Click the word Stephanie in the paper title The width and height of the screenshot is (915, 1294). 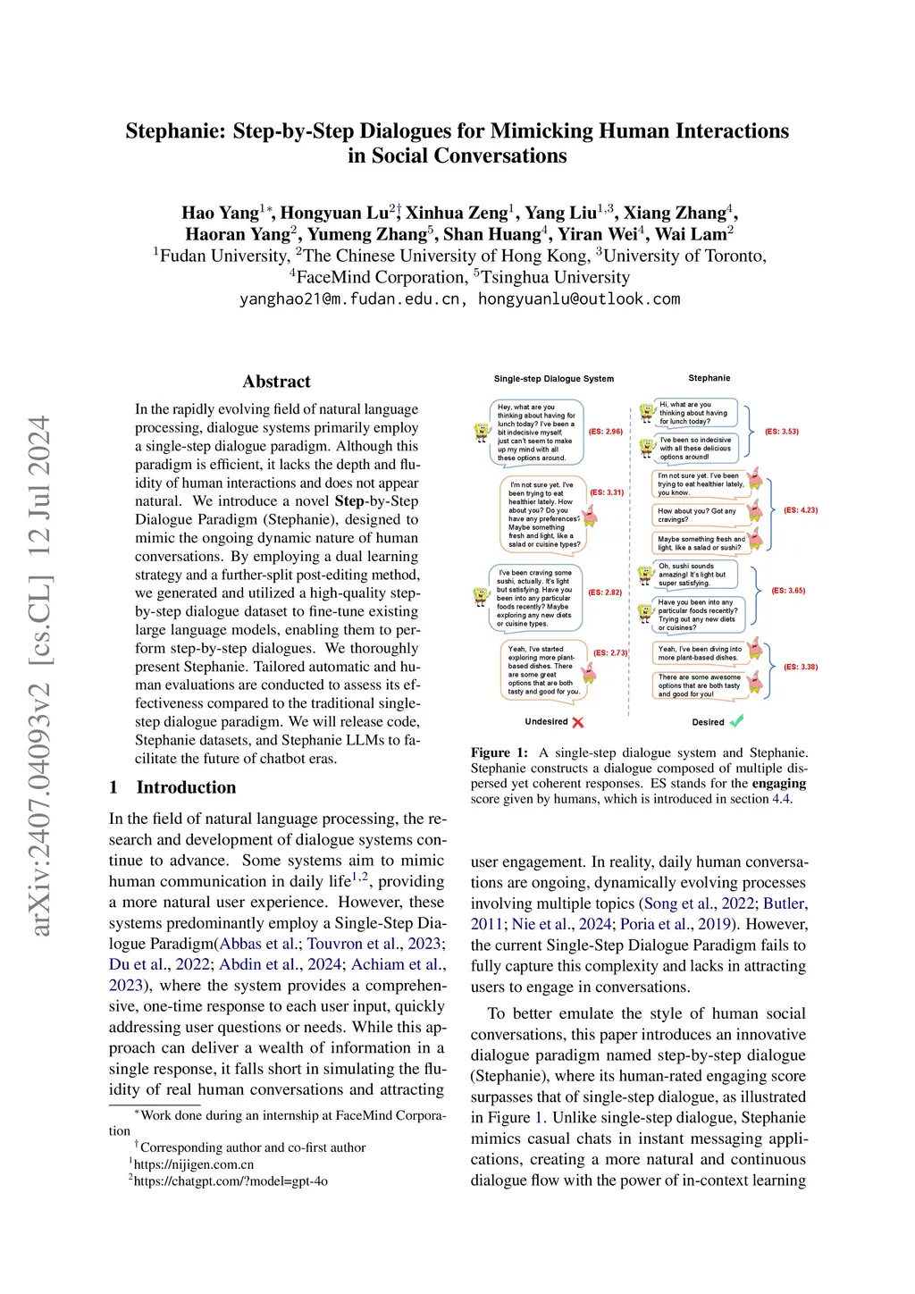tap(173, 131)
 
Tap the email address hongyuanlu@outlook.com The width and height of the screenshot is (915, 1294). tap(579, 299)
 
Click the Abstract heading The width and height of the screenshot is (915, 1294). tap(276, 382)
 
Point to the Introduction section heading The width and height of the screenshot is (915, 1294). tap(186, 787)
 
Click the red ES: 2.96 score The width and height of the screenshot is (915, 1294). tap(606, 432)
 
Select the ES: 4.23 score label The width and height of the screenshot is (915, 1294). tap(801, 510)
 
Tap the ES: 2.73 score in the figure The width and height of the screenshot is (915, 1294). tap(610, 653)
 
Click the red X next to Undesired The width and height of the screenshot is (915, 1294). tap(578, 722)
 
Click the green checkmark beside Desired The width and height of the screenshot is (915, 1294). tap(736, 721)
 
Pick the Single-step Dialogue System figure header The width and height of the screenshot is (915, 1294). tap(554, 379)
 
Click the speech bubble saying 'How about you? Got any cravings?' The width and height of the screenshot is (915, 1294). tap(699, 515)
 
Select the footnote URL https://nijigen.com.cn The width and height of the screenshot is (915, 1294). tap(193, 1164)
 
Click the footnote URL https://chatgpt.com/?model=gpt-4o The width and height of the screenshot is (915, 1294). tap(231, 1181)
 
